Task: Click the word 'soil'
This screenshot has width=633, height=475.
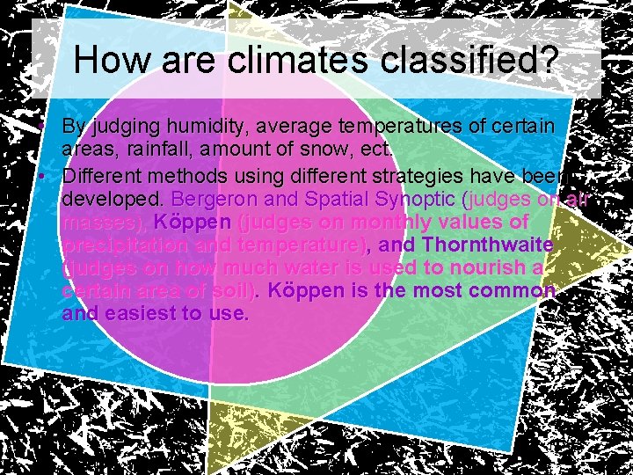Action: [232, 289]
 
